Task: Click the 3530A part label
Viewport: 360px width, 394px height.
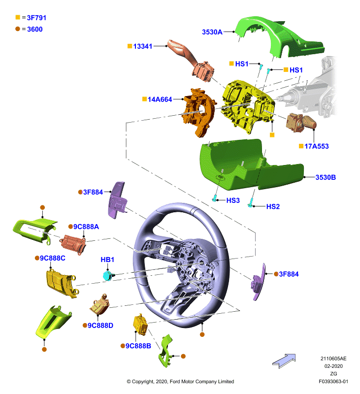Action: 212,32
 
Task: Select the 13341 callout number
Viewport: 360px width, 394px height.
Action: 143,46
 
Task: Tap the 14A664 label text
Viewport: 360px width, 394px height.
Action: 160,99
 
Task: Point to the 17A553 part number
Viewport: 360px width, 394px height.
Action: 317,146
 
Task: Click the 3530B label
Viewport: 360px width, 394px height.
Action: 326,177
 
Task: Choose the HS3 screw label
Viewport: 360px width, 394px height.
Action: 233,200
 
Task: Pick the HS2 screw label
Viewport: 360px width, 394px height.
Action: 273,206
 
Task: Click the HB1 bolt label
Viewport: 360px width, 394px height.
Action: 107,260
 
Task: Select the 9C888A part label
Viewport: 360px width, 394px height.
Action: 86,227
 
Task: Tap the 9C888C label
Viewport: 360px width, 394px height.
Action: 53,258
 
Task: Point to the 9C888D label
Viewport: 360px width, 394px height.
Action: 100,326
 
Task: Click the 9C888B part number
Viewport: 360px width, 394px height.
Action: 138,346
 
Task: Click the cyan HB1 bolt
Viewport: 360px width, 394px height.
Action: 108,276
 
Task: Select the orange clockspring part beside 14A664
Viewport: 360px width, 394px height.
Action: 200,112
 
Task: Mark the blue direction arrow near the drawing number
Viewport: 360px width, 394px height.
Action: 284,361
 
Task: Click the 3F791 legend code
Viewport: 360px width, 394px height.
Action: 36,18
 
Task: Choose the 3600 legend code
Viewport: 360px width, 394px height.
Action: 34,30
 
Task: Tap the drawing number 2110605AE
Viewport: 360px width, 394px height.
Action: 333,359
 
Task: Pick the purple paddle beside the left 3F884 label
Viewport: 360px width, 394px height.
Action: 117,200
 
